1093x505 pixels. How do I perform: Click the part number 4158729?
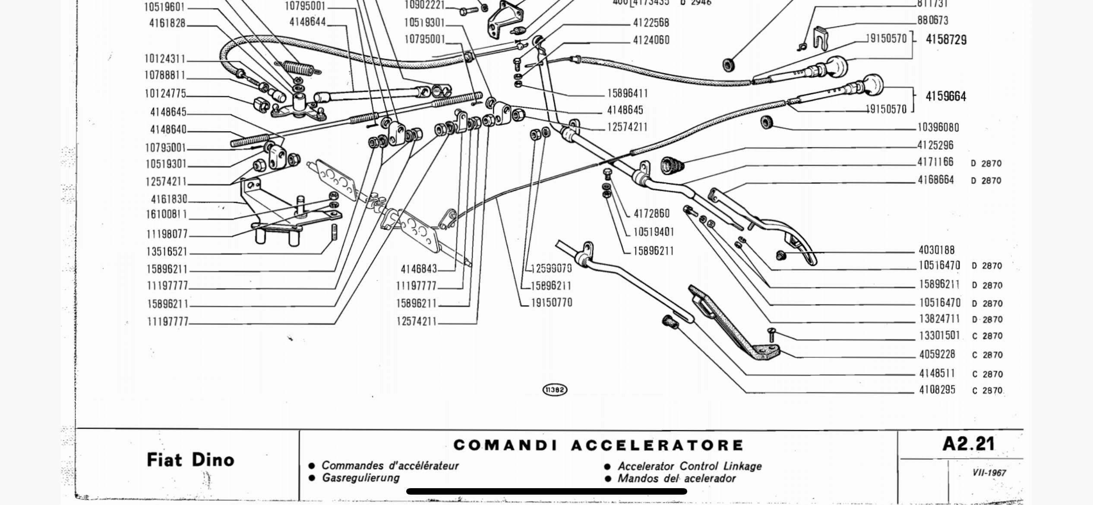click(x=946, y=40)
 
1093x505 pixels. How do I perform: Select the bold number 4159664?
click(x=945, y=96)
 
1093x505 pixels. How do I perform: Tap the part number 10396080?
click(x=938, y=128)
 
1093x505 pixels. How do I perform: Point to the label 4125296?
click(x=935, y=145)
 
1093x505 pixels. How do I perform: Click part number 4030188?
click(x=936, y=250)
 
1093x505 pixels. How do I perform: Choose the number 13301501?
click(x=939, y=336)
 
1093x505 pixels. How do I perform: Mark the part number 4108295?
click(x=938, y=390)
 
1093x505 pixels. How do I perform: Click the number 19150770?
click(x=551, y=303)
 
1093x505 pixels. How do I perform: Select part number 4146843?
click(x=419, y=269)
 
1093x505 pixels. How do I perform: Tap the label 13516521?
click(x=167, y=252)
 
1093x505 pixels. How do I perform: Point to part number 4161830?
click(x=169, y=199)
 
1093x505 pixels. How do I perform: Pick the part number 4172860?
click(x=651, y=214)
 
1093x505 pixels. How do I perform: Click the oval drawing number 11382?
click(x=555, y=390)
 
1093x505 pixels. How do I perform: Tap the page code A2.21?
click(x=968, y=444)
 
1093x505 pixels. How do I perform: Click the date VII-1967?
click(x=989, y=473)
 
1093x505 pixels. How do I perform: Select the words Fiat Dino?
click(x=190, y=460)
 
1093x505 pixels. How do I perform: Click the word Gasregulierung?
click(x=360, y=478)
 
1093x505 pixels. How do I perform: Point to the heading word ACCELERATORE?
click(x=657, y=445)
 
